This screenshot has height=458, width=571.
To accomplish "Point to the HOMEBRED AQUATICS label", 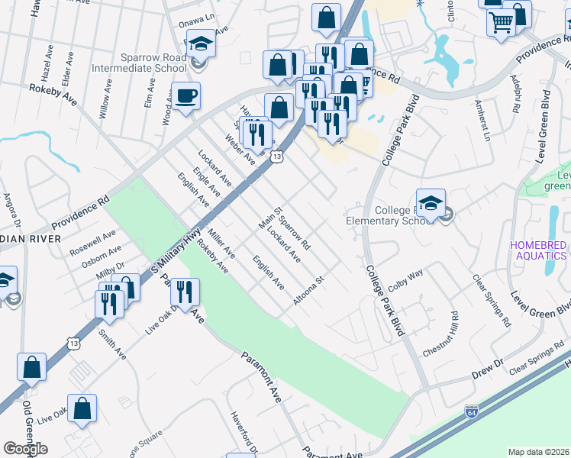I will click(539, 250).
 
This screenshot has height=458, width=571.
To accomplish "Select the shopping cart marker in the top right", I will click(502, 24).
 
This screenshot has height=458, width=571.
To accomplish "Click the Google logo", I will click(26, 448).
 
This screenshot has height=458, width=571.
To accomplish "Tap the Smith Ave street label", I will click(111, 344).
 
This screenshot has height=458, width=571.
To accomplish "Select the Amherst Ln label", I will click(482, 121).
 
